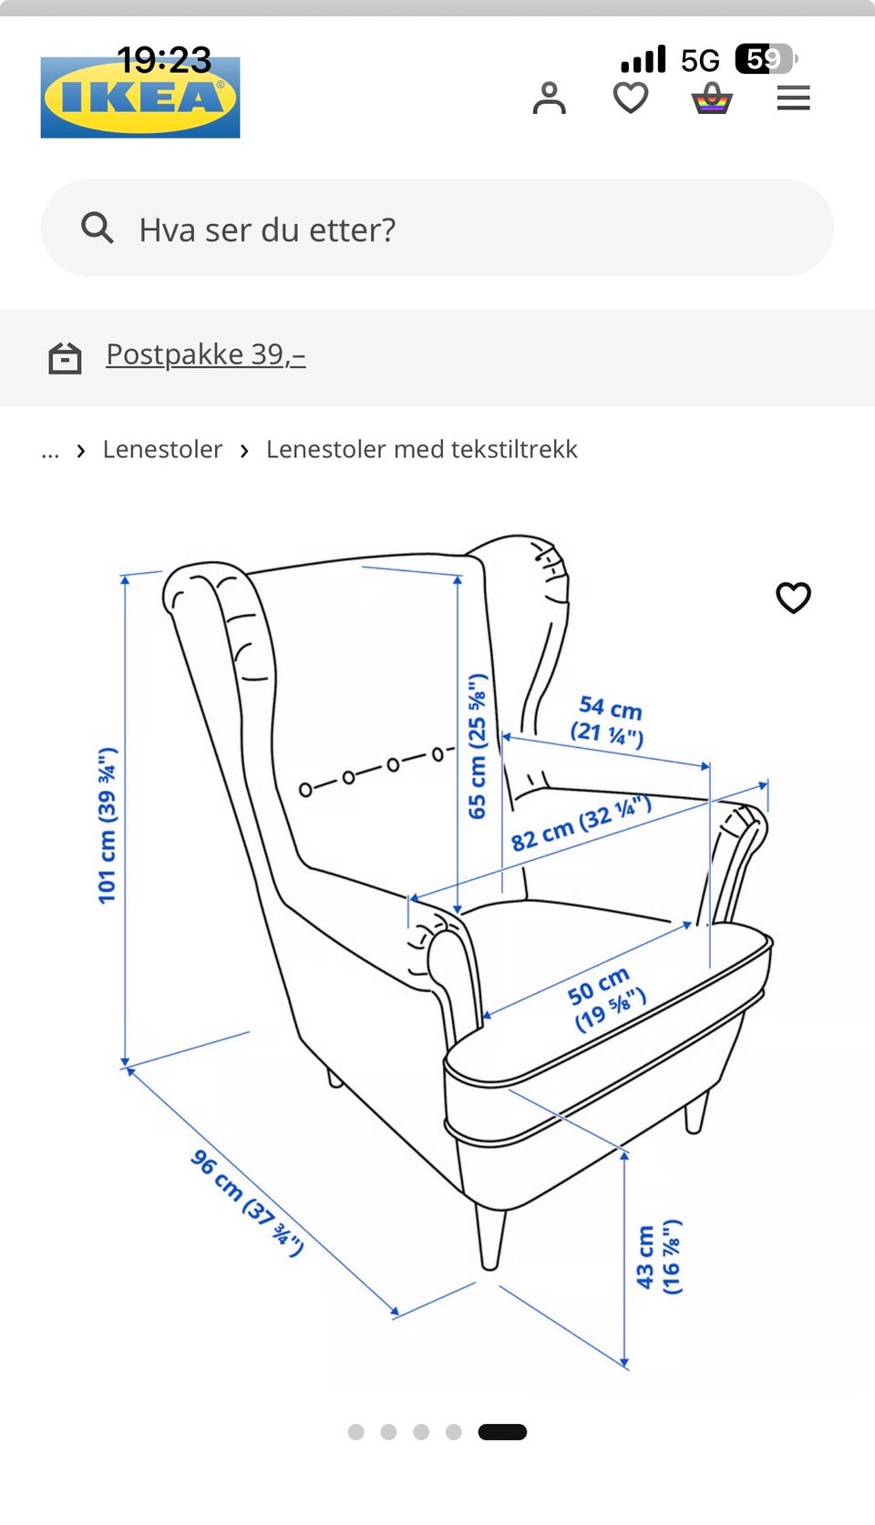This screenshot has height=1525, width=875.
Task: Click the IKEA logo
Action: click(x=140, y=97)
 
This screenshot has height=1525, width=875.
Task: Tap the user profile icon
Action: click(x=550, y=98)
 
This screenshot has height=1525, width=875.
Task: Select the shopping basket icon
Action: click(x=712, y=98)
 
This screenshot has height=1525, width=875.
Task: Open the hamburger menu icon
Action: click(x=793, y=98)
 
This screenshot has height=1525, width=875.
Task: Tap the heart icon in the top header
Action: click(x=631, y=98)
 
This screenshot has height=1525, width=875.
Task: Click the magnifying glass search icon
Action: click(x=97, y=228)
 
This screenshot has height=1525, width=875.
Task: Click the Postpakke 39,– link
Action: click(x=206, y=354)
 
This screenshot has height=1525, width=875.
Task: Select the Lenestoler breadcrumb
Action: click(x=163, y=449)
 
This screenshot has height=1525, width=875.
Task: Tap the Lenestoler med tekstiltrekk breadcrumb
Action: click(x=421, y=449)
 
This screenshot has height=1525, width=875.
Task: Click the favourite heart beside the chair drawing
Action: click(x=794, y=598)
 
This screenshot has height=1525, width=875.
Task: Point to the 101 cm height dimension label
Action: click(x=108, y=825)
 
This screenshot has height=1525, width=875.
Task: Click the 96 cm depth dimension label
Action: click(x=247, y=1203)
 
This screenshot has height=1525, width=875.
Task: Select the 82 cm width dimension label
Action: click(x=581, y=824)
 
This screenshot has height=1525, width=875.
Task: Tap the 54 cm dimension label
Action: click(x=608, y=721)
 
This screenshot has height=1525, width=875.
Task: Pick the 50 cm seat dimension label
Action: click(x=605, y=998)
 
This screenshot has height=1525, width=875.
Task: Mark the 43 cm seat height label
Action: click(x=658, y=1257)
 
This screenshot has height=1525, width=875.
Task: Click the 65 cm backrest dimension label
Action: click(x=478, y=746)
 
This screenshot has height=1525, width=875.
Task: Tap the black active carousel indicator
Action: click(x=502, y=1432)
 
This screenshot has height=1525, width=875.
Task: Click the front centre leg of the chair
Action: click(x=490, y=1238)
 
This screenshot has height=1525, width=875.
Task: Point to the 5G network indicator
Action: click(x=700, y=61)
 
